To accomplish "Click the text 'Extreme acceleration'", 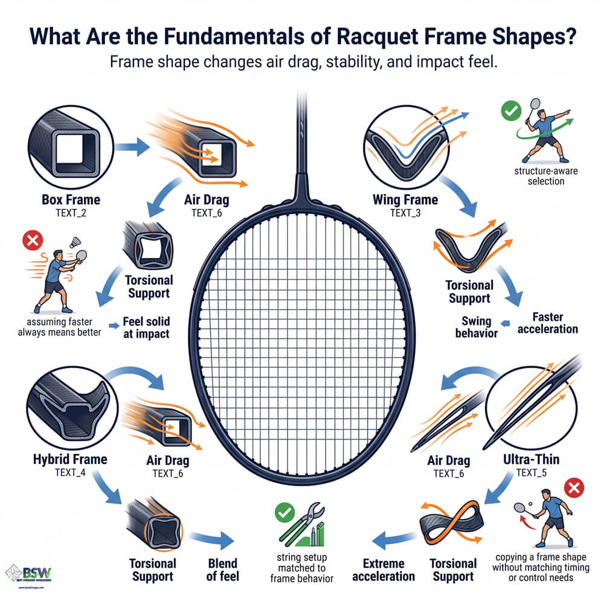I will point(383,569).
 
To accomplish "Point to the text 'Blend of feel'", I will point(222,569).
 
